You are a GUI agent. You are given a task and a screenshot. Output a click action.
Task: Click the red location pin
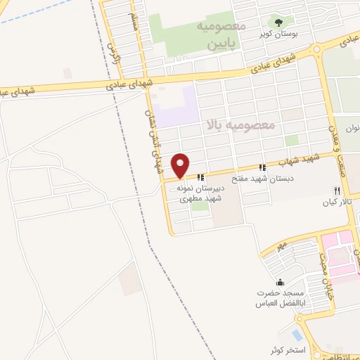pos(181,165)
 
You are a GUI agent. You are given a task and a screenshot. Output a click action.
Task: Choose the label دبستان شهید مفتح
pos(285,178)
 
